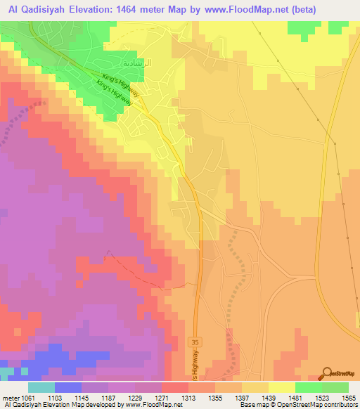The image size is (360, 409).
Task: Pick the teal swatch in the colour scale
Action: pyautogui.click(x=41, y=387)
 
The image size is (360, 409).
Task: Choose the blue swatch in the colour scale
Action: pyautogui.click(x=68, y=387)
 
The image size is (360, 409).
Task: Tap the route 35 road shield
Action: pyautogui.click(x=194, y=342)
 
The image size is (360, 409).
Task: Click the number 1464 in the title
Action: pyautogui.click(x=150, y=9)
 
